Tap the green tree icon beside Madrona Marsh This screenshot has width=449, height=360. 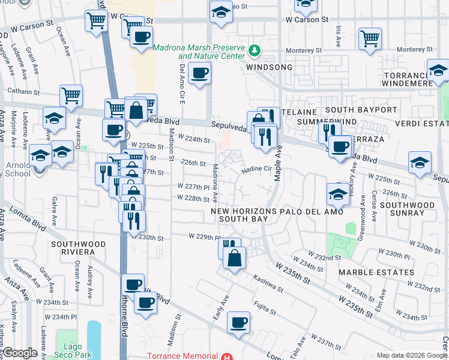(255, 49)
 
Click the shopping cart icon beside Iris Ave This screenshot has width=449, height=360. (370, 38)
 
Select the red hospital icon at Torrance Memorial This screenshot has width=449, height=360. (226, 356)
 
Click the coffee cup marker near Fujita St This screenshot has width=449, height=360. (238, 323)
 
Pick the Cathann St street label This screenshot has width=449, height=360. (22, 92)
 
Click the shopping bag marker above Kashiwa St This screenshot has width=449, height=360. (235, 258)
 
